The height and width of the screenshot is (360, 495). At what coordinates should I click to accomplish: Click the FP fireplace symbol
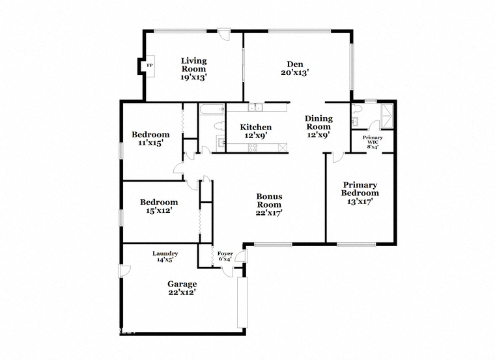150,66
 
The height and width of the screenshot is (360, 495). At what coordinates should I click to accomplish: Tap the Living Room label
193,64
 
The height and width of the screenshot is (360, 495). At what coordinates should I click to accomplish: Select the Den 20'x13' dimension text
294,72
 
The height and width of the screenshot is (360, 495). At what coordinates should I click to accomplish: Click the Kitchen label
256,127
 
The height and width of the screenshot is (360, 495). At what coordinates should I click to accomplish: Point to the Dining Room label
318,122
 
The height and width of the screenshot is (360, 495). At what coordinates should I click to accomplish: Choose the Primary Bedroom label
360,189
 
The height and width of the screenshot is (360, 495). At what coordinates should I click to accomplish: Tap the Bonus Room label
269,201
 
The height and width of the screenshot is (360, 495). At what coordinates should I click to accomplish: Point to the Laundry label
165,253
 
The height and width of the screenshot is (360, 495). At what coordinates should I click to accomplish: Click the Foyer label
225,253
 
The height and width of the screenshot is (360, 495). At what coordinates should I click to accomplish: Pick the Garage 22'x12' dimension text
182,292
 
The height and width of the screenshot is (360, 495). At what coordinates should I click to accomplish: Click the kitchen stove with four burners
252,148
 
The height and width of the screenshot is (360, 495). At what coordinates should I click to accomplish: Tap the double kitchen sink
255,107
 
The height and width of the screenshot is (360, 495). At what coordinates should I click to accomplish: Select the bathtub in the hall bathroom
212,109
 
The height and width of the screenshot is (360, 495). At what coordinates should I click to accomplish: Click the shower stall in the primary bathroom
387,116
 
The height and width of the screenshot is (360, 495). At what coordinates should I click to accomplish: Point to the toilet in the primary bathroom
356,109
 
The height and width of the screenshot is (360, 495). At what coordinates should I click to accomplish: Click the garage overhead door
242,303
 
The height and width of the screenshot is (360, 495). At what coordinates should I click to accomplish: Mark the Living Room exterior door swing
225,35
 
